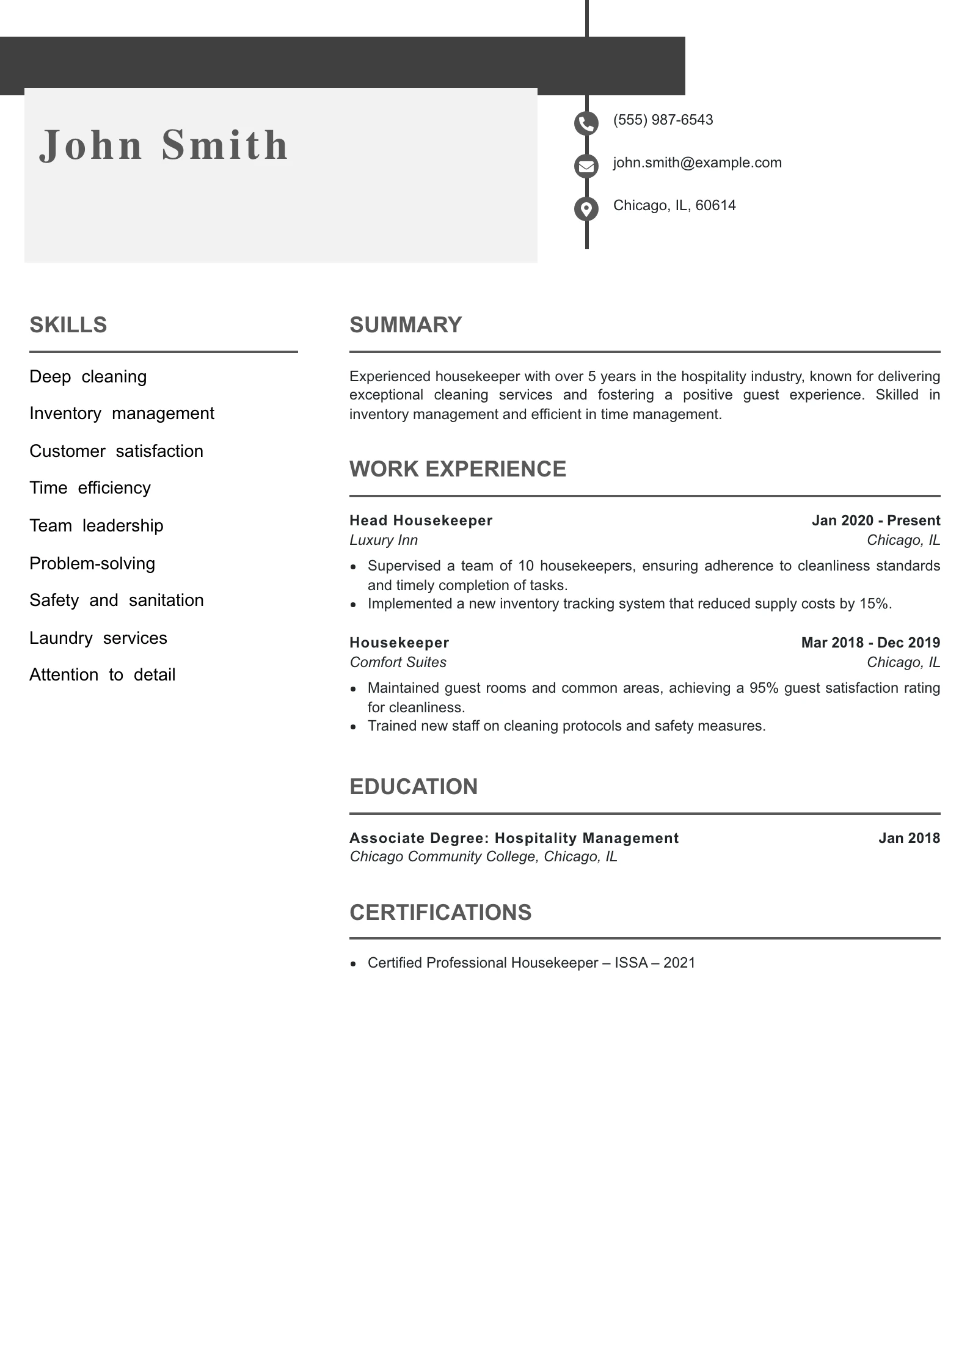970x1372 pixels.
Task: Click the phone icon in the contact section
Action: tap(586, 124)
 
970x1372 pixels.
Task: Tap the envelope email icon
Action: tap(586, 166)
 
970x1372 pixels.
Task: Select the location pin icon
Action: tap(586, 209)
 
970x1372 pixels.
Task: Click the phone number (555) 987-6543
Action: tap(663, 120)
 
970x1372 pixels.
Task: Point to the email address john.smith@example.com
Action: tap(697, 162)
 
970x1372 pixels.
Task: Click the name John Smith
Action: tap(164, 145)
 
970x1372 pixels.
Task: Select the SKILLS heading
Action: tap(68, 325)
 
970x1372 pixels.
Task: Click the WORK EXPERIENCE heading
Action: tap(458, 469)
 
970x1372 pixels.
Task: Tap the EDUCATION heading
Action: tap(414, 787)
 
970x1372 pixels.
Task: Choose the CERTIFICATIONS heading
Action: tap(440, 913)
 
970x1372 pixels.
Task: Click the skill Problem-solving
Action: tap(92, 563)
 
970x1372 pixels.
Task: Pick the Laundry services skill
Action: tap(98, 638)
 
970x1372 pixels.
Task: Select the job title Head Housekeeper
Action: tap(421, 520)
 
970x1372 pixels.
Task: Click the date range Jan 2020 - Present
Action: tap(875, 520)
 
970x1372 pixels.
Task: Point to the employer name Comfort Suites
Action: tap(398, 662)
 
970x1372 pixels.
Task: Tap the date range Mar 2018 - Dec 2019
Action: tap(870, 643)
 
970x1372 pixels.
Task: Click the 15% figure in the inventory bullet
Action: tap(873, 604)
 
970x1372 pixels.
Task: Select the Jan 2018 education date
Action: tap(909, 838)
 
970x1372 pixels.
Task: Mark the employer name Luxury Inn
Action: tap(384, 540)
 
